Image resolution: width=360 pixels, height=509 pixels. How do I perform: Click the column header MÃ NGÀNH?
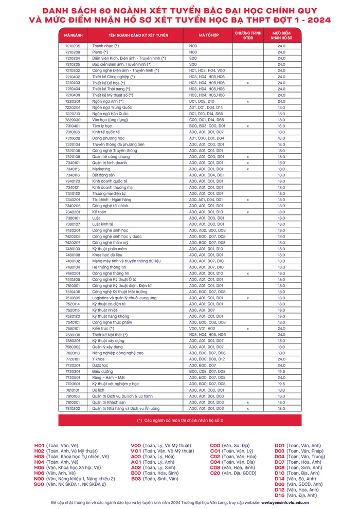(73, 35)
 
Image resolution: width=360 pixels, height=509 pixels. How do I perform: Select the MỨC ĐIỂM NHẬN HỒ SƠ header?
(282, 35)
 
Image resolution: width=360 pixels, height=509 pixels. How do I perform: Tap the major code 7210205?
(73, 46)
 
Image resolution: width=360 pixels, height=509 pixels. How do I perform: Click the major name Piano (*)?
(100, 52)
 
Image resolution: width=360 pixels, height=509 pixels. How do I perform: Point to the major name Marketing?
(101, 169)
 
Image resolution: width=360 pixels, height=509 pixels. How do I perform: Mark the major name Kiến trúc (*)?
(103, 328)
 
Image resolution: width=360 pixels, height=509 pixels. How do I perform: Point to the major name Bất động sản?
(104, 175)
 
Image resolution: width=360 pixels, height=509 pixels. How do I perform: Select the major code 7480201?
(73, 274)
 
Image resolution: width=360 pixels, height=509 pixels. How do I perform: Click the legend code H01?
(39, 445)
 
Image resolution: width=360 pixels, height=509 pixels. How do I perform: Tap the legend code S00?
(39, 484)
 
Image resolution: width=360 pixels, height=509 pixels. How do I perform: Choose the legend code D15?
(280, 495)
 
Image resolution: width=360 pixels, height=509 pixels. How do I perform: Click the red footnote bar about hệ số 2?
(180, 420)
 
